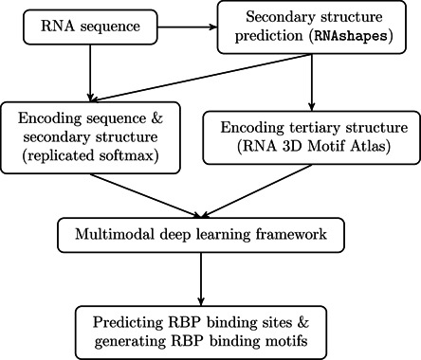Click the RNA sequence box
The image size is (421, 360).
point(89,27)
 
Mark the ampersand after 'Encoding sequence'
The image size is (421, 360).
point(154,118)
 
